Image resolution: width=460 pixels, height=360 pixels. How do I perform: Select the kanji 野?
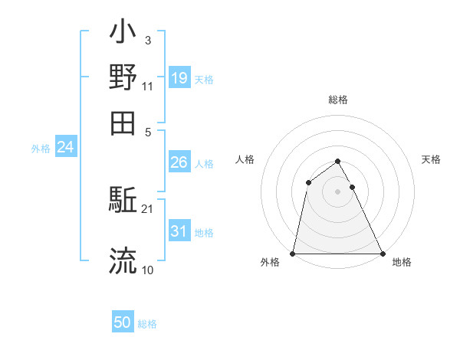tap(123, 77)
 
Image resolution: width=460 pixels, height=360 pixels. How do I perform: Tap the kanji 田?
tap(123, 123)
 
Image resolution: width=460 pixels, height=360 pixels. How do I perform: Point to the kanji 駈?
tap(123, 201)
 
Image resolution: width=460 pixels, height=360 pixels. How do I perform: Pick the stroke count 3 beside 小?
tap(147, 41)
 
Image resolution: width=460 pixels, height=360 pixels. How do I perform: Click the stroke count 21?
tap(147, 209)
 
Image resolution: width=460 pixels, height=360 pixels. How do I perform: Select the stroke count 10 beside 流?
tap(147, 270)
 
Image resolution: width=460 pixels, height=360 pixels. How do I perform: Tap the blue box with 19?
tap(179, 77)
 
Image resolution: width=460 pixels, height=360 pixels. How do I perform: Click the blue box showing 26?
tap(179, 162)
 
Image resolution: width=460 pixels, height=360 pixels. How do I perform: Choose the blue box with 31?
tap(179, 231)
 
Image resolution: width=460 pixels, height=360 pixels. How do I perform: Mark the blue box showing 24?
tap(65, 147)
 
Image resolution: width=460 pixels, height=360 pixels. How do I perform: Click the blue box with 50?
tap(123, 322)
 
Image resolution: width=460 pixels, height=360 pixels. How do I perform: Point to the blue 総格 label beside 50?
tap(147, 324)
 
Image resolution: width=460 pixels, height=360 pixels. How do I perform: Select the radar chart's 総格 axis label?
tap(338, 100)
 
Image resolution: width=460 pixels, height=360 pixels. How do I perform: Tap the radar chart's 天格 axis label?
tap(432, 159)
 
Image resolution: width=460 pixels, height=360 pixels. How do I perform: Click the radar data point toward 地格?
tap(382, 253)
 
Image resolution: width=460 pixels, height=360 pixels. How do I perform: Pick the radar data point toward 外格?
tap(293, 253)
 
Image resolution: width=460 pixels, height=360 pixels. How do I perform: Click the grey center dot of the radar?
tap(337, 191)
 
